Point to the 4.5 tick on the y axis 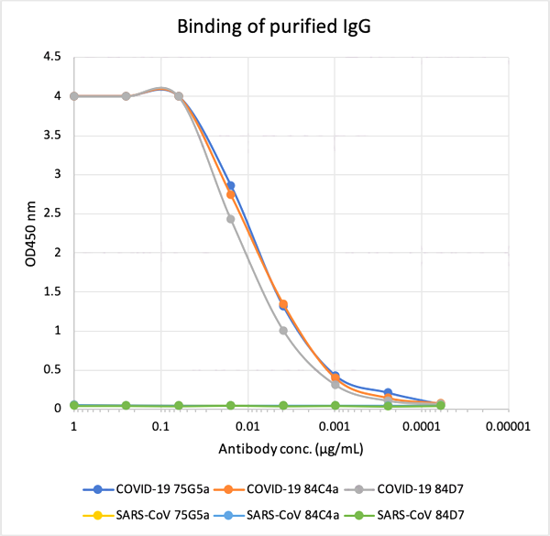tap(52, 57)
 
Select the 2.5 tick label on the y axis tap(52, 213)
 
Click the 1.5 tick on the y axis tap(52, 292)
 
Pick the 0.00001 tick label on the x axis tap(507, 426)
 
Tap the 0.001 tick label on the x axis tap(335, 426)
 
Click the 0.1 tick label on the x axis tap(160, 426)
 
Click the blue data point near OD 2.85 tap(230, 186)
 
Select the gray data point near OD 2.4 tap(230, 219)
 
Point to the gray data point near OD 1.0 tap(282, 331)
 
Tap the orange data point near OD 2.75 tap(230, 194)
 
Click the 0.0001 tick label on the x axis tap(422, 426)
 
